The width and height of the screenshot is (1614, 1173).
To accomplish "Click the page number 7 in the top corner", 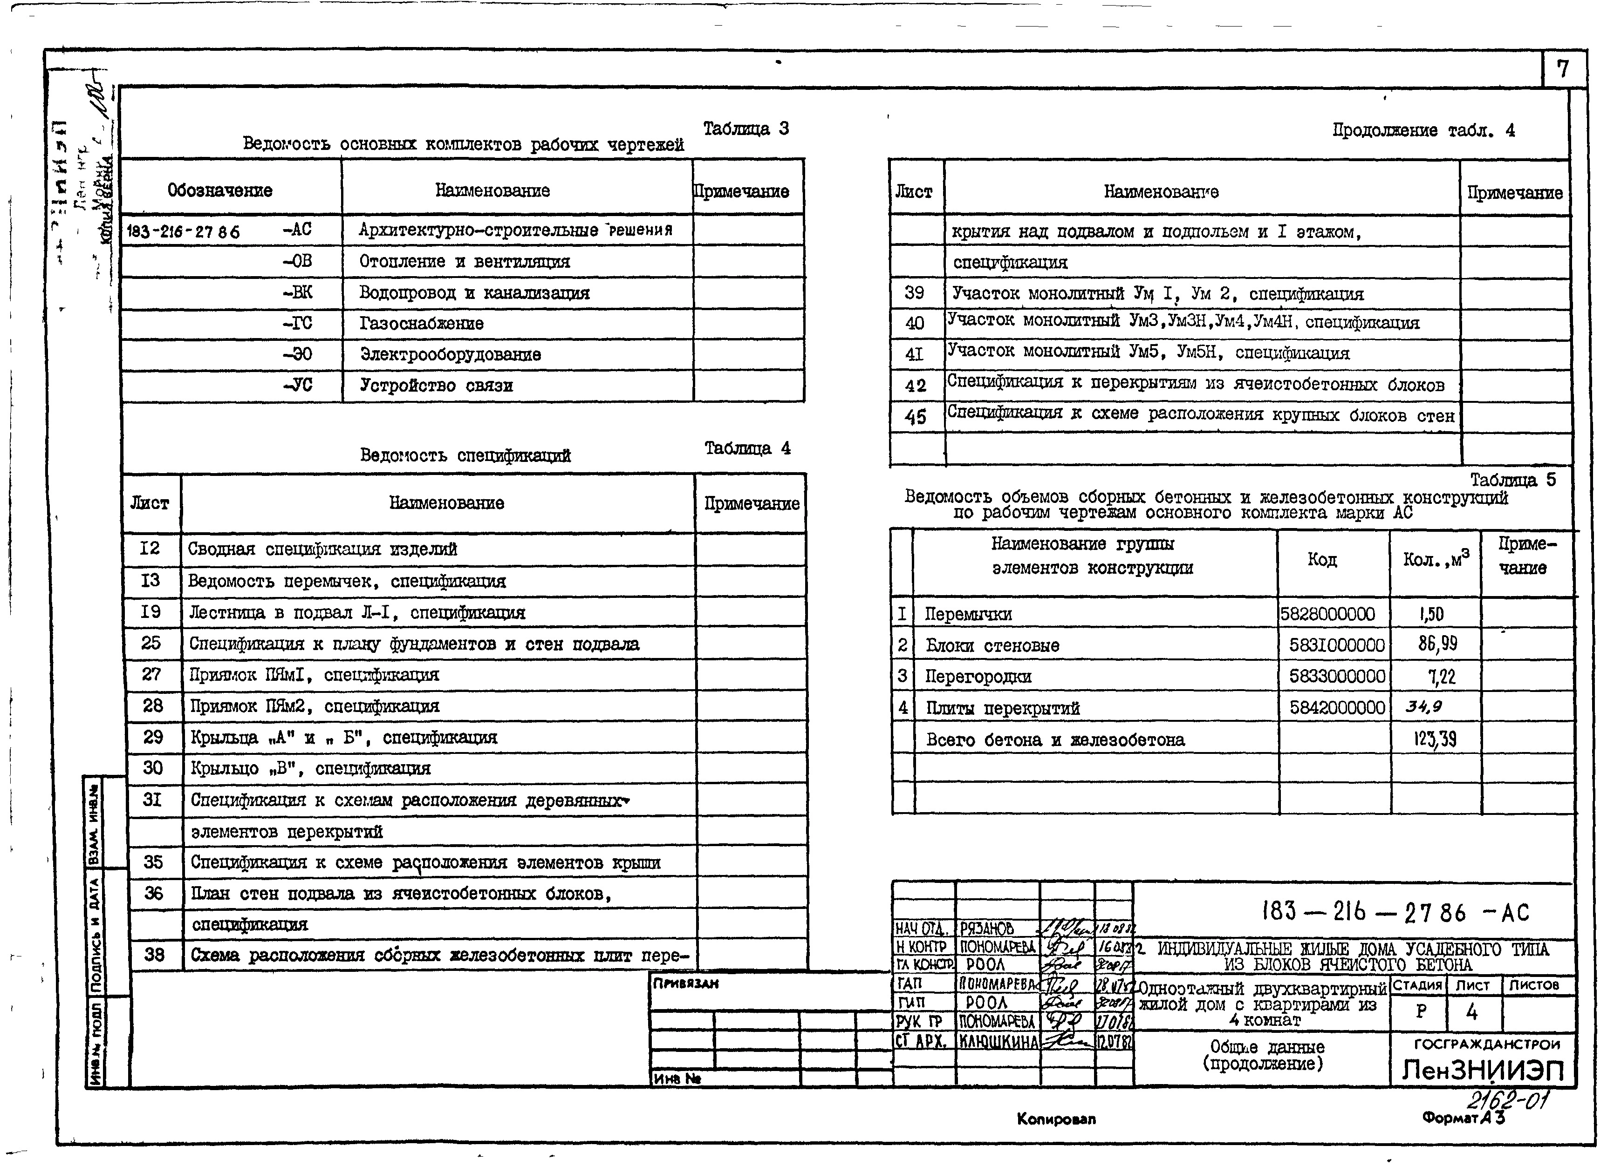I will coord(1562,69).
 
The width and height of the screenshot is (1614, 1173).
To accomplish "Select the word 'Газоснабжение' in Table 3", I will coord(421,324).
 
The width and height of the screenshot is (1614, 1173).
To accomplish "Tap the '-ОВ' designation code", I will coord(297,261).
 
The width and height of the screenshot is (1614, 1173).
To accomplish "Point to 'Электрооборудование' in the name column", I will coord(450,354).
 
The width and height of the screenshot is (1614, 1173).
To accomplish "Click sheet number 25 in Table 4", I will coord(151,643).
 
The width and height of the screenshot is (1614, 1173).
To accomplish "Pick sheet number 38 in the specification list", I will coord(154,954).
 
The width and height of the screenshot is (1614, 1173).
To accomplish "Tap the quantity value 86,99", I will coord(1437,644).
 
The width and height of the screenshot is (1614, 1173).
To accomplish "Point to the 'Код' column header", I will coord(1321,560).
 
